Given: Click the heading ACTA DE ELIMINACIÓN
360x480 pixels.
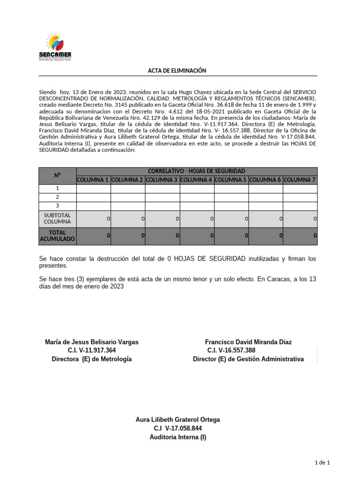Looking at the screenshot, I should coord(177,70).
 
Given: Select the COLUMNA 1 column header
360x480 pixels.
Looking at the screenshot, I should coord(93,180).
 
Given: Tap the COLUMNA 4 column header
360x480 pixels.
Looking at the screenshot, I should coord(197,180).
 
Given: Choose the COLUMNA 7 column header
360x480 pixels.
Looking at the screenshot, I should coord(300,180).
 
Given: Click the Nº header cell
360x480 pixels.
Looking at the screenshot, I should coord(58,175).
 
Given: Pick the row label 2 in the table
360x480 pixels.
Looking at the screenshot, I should coord(58,197).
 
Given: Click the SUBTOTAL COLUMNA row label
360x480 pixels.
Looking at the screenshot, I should coord(58,218).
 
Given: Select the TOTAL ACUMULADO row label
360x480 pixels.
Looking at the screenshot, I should coord(58,236).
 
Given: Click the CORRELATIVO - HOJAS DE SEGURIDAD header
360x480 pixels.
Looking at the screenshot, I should coord(196,171).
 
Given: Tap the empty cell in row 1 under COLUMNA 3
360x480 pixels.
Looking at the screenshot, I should coord(162,188).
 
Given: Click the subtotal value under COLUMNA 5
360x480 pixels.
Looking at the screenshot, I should coord(231,218).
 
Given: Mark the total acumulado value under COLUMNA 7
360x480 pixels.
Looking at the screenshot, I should coord(300,236).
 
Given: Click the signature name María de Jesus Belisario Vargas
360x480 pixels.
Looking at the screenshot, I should coord(91,342).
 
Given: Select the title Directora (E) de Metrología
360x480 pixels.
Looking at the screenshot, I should coord(91,359).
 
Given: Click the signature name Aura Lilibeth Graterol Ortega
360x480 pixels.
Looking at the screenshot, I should coord(178,420).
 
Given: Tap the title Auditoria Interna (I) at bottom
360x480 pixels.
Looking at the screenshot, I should coord(178,437).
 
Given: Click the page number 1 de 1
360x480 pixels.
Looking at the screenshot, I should coord(322,463).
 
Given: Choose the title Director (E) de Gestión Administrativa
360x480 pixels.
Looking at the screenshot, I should coord(248,359).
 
